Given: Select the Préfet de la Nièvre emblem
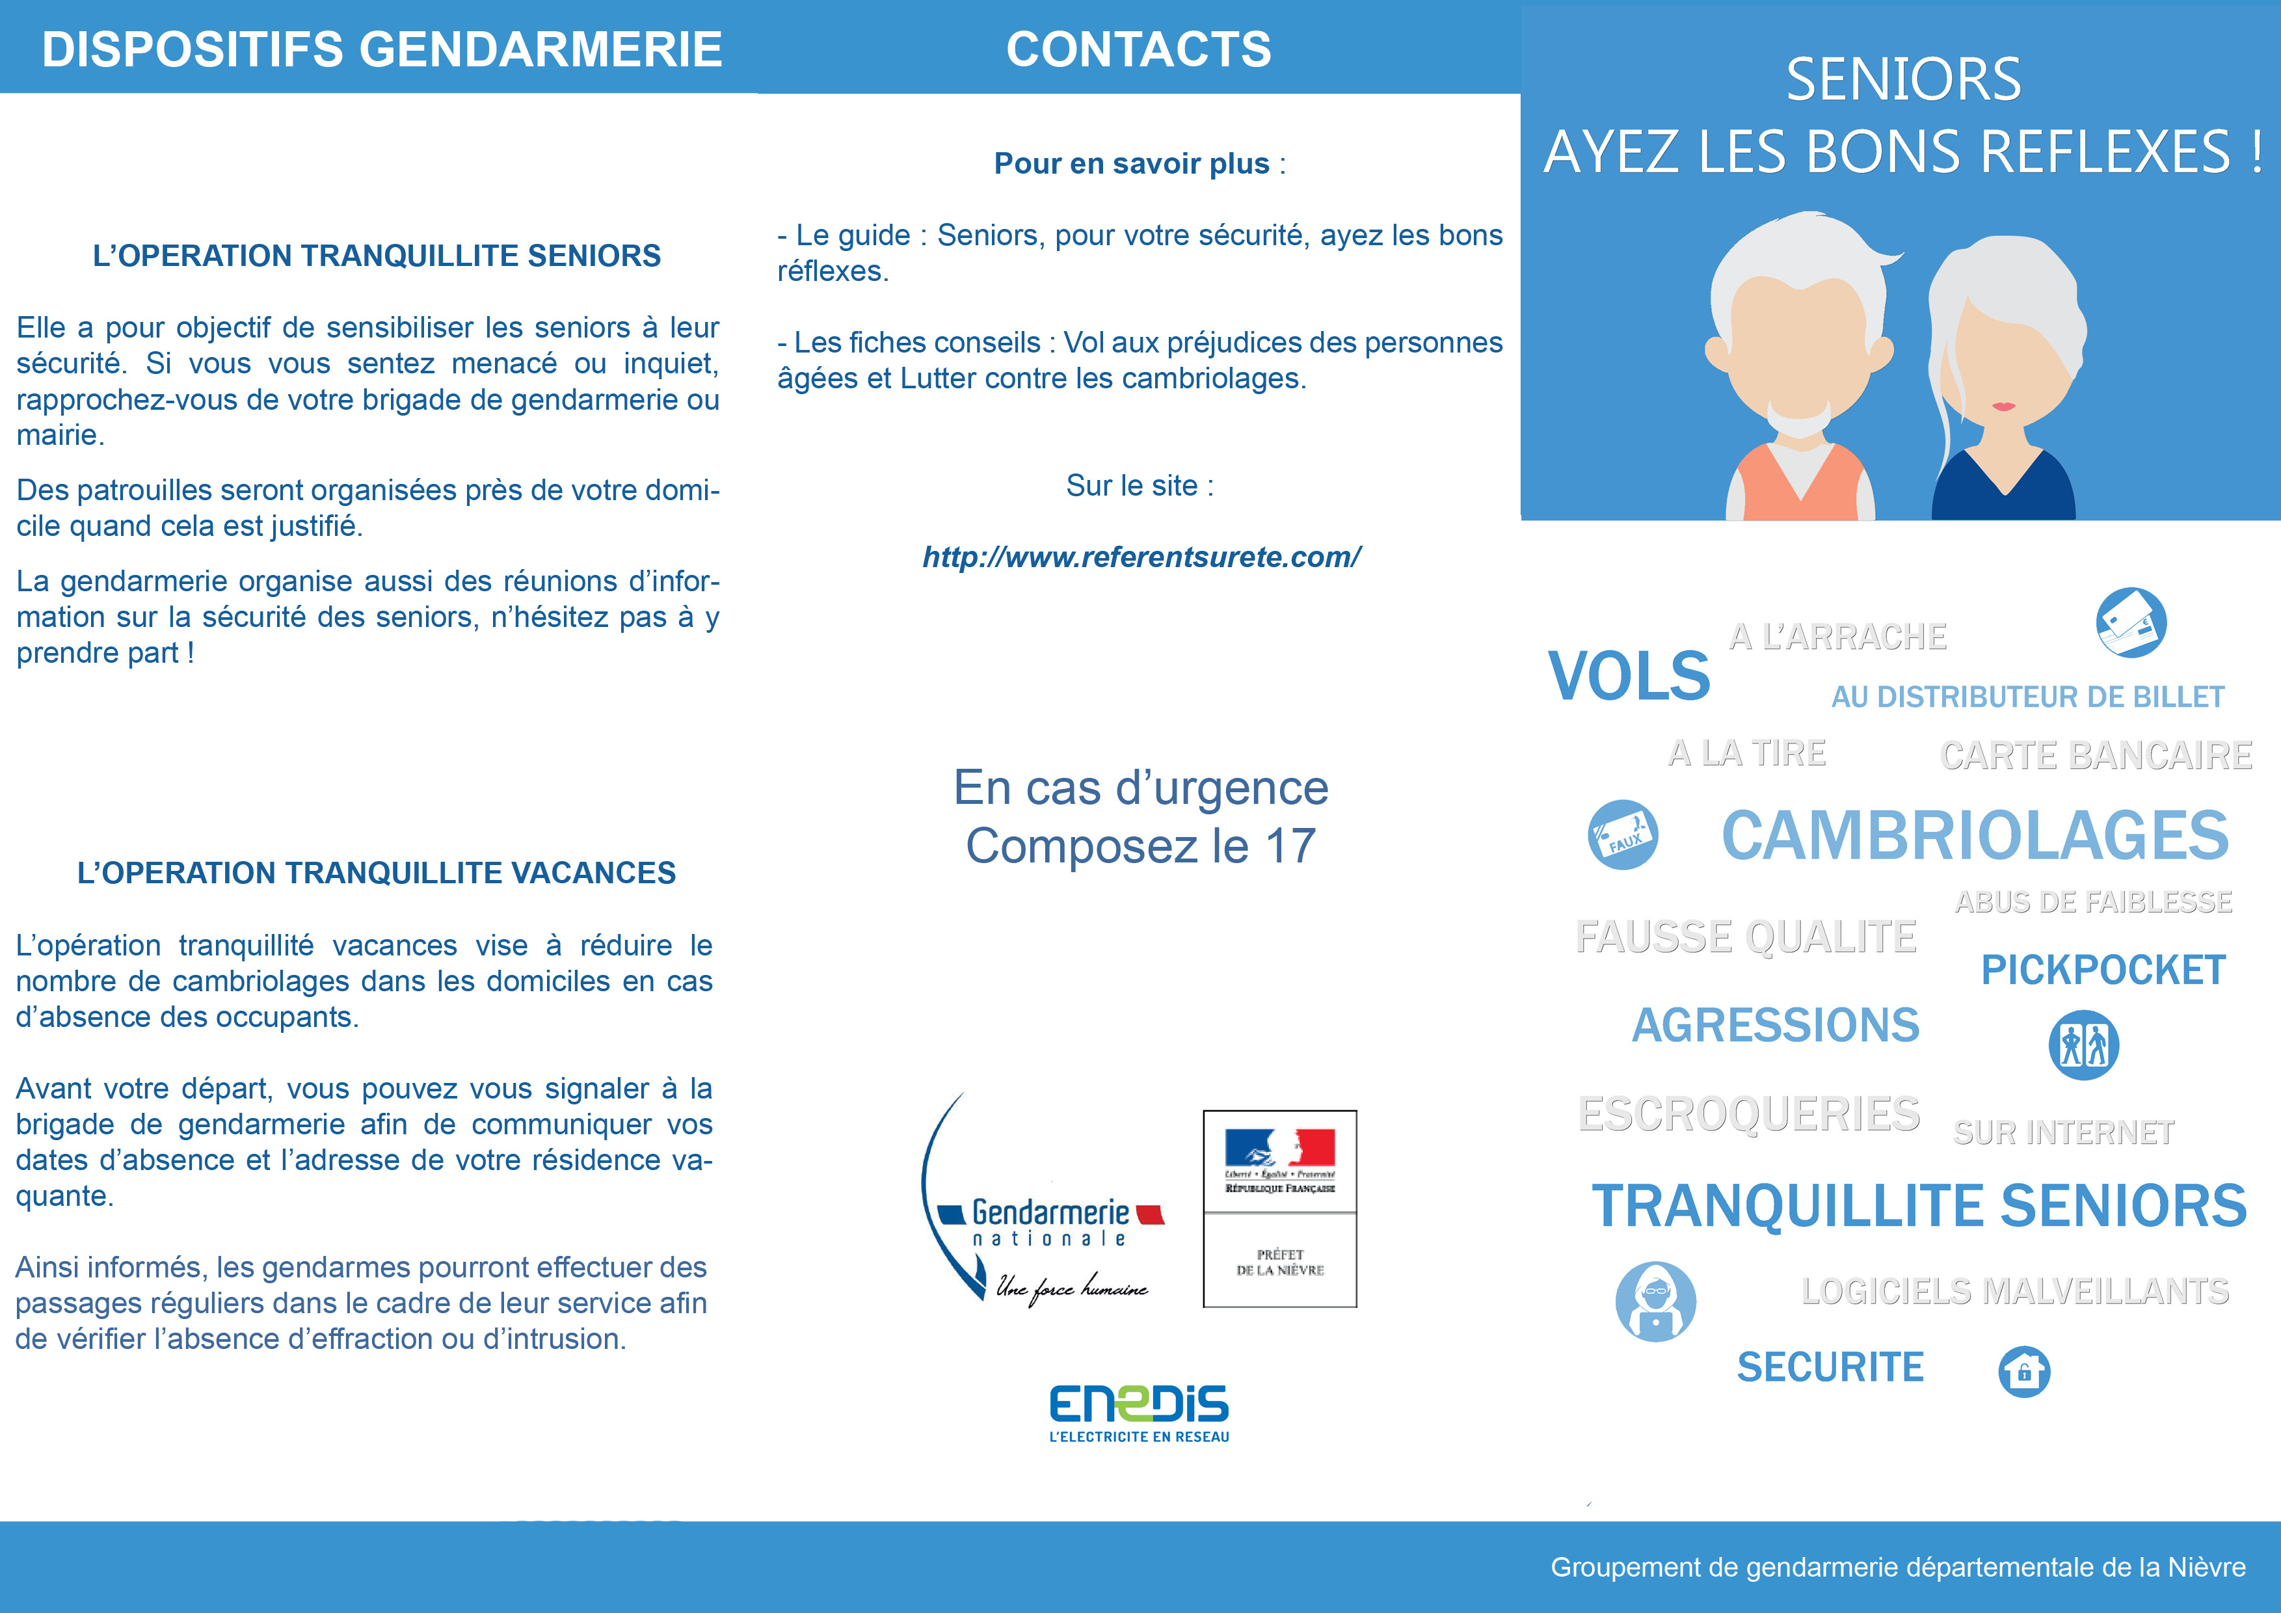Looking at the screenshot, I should [x=1279, y=1208].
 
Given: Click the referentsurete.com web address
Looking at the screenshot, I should [x=1141, y=557].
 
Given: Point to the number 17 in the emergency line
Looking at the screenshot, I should [x=1290, y=846].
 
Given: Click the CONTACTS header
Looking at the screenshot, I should [x=1138, y=49].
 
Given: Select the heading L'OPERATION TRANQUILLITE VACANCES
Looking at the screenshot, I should [x=377, y=873].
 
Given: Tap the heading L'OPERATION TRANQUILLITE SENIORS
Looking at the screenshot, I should [x=377, y=256].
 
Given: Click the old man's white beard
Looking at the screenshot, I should [x=1800, y=422].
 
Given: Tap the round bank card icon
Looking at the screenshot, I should [x=2131, y=622].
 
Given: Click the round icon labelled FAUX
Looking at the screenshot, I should [x=1622, y=835].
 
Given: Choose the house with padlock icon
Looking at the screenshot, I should [x=2023, y=1372].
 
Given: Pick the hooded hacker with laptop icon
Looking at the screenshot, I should [x=1655, y=1302].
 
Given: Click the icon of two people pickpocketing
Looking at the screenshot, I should [x=2083, y=1045].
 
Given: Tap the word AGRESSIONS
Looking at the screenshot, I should [x=1776, y=1025].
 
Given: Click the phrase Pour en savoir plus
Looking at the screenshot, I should [x=1132, y=164].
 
